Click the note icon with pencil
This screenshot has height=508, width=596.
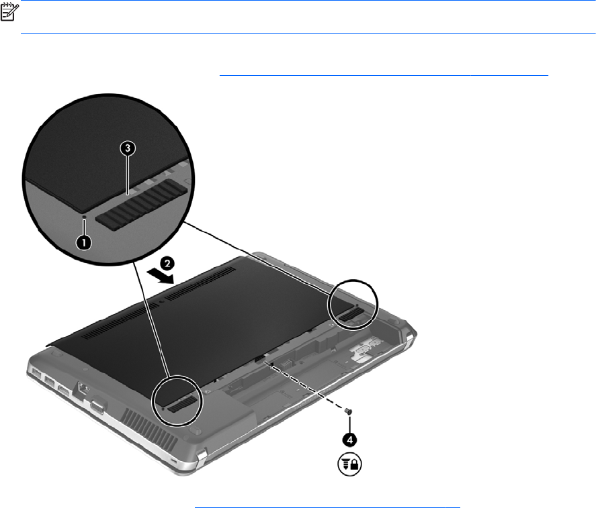pyautogui.click(x=9, y=12)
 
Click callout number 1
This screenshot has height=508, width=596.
pyautogui.click(x=83, y=242)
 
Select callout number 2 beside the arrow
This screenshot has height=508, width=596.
pyautogui.click(x=167, y=263)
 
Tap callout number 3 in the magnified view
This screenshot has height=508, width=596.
pyautogui.click(x=128, y=148)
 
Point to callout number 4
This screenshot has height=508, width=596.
pyautogui.click(x=349, y=440)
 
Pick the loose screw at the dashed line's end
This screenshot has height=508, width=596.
pyautogui.click(x=347, y=411)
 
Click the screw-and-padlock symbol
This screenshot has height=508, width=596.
pyautogui.click(x=349, y=464)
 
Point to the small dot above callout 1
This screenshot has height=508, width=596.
pyautogui.click(x=85, y=217)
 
